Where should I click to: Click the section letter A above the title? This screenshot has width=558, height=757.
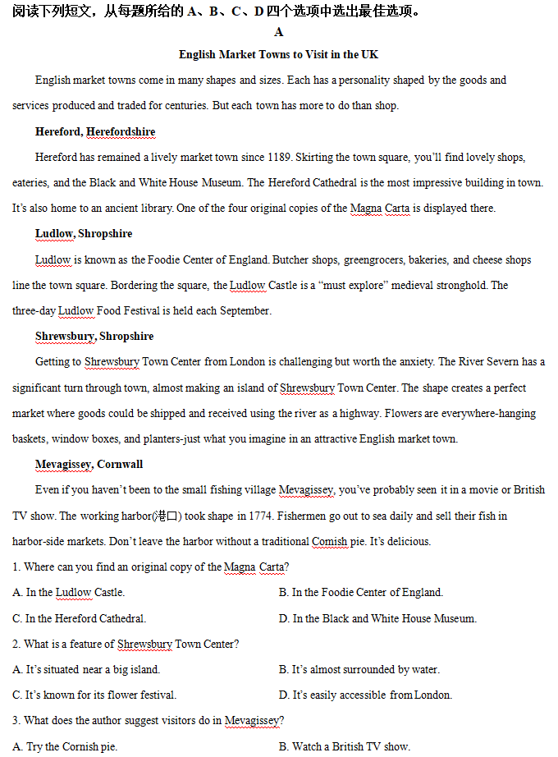279,32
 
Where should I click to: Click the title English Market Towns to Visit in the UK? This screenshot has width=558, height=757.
279,54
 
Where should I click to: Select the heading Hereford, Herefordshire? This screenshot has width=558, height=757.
95,131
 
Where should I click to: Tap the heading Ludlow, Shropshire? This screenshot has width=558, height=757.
84,233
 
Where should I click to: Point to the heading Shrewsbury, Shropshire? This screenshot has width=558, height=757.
94,336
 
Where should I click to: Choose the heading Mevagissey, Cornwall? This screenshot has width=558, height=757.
89,464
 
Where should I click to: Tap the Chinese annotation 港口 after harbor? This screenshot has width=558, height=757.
167,516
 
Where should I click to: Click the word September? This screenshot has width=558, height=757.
245,311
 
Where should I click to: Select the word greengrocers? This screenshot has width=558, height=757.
376,259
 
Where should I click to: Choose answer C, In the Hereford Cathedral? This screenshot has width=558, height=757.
80,618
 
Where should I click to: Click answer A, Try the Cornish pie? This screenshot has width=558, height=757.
66,746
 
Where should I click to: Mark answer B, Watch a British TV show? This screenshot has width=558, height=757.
344,746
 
